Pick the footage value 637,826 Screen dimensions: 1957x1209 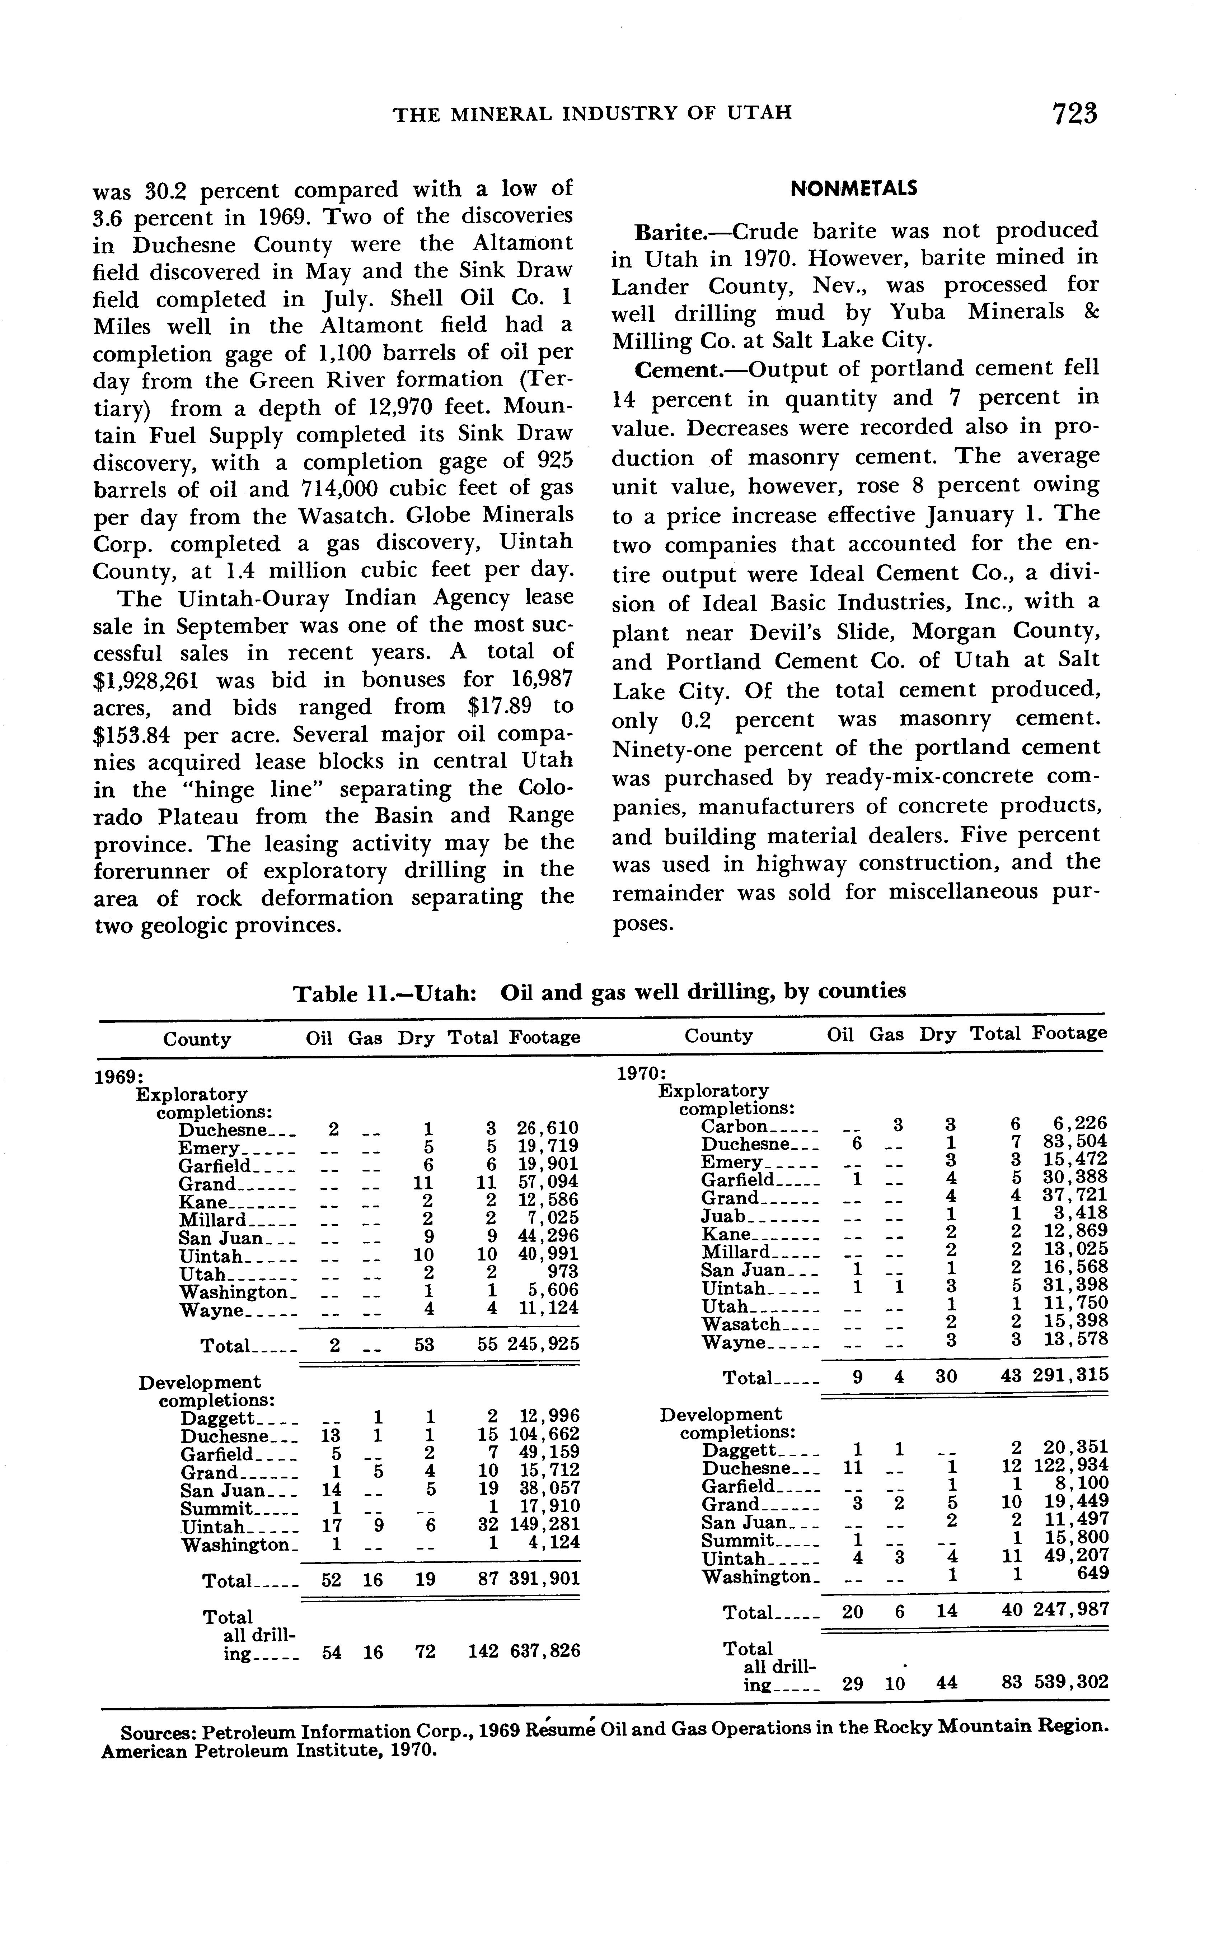coord(544,1651)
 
